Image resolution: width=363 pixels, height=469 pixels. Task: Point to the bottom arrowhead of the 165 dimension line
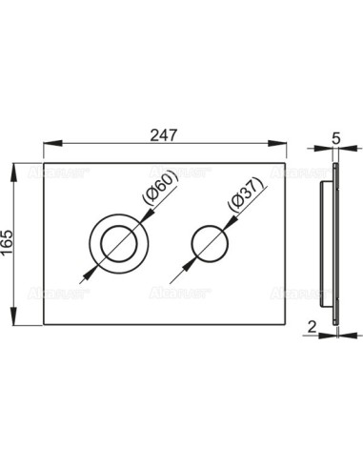tap(14, 323)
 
